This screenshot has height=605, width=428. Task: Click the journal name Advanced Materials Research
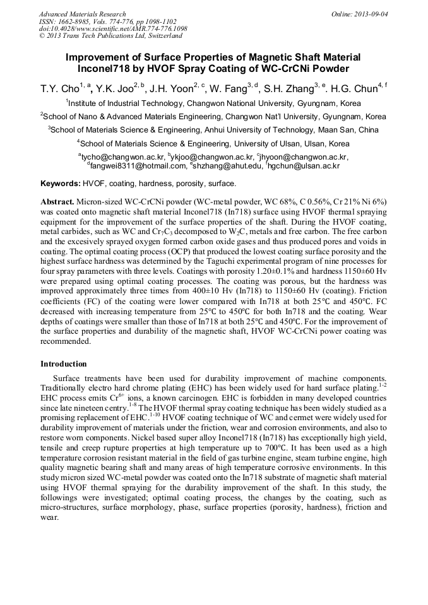(x=82, y=14)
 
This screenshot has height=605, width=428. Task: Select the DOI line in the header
(x=113, y=29)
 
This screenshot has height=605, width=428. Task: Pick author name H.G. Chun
(x=354, y=89)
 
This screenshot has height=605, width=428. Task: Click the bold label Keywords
(x=60, y=184)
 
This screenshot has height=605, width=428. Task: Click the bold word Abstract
(x=57, y=199)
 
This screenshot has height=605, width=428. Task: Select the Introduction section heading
(x=64, y=364)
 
